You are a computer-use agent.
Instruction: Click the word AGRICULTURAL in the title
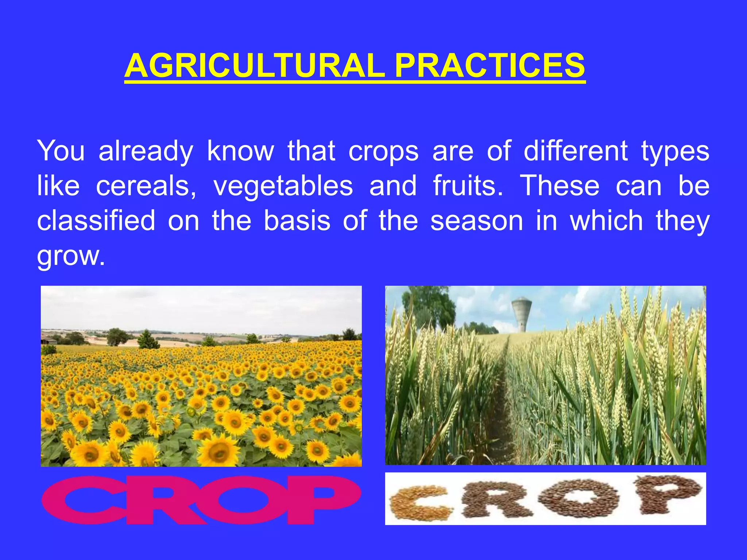[254, 66]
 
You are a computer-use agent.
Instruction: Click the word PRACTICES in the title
[490, 66]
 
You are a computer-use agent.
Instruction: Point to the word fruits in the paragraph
[468, 186]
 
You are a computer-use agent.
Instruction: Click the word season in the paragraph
[476, 221]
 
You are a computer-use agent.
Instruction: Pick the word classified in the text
[96, 221]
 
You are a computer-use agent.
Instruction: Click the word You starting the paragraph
[61, 151]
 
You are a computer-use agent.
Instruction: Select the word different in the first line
[576, 151]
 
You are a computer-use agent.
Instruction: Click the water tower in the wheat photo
[522, 314]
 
